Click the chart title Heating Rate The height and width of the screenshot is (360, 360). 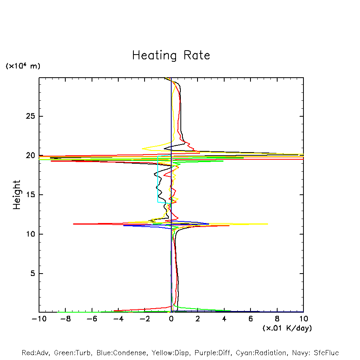pyautogui.click(x=171, y=55)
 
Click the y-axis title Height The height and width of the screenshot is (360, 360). pyautogui.click(x=17, y=195)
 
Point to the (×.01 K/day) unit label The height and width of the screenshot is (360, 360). pyautogui.click(x=287, y=328)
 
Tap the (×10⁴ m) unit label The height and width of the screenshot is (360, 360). pyautogui.click(x=23, y=66)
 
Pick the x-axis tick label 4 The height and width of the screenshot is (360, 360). pyautogui.click(x=224, y=319)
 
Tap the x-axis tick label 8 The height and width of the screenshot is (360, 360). pyautogui.click(x=277, y=319)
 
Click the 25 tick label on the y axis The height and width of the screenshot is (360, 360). pyautogui.click(x=30, y=116)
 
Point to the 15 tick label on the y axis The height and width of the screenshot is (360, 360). pyautogui.click(x=30, y=195)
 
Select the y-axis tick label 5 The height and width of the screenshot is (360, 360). pyautogui.click(x=33, y=274)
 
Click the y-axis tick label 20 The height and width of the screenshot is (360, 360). pyautogui.click(x=30, y=156)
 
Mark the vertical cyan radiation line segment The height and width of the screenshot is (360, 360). pyautogui.click(x=158, y=179)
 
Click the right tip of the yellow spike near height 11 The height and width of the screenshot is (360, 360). pyautogui.click(x=268, y=224)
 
